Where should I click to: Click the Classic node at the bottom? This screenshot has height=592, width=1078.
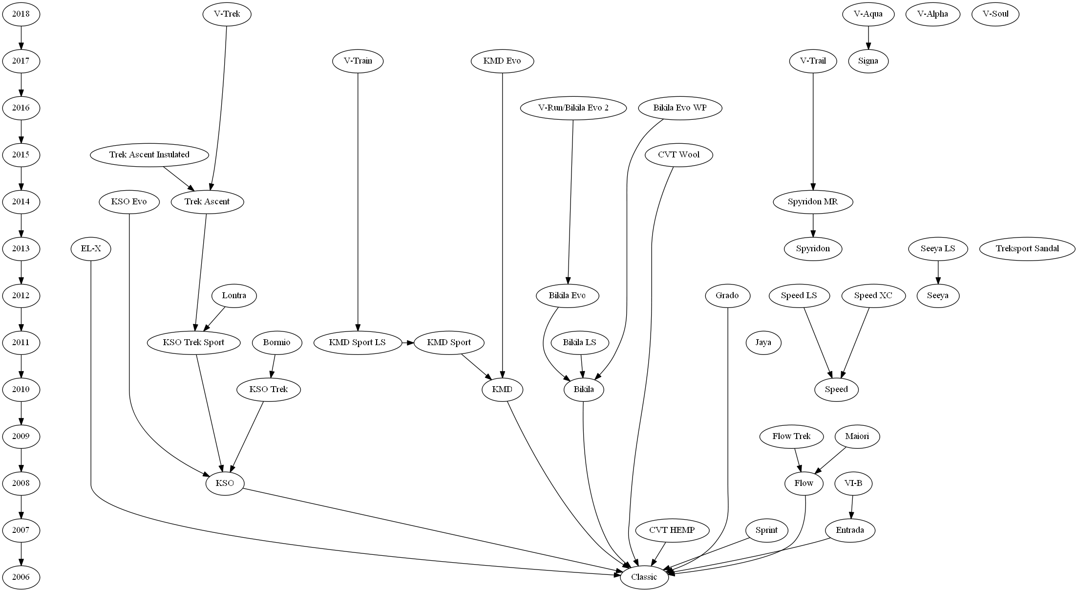644,577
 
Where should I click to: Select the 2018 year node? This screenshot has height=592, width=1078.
21,14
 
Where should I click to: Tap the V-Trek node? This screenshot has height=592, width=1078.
227,14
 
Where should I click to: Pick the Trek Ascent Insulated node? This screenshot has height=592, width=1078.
149,154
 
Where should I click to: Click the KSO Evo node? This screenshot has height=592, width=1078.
129,201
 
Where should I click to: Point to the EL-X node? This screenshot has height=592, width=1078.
91,248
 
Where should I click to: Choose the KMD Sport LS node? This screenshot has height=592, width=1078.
357,342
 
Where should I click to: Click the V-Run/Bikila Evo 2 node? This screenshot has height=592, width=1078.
573,108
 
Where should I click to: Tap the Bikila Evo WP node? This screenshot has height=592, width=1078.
679,108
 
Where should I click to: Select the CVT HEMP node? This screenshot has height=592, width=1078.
672,530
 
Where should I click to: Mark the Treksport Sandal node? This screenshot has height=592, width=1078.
1027,248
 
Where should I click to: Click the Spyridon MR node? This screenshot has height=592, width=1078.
813,201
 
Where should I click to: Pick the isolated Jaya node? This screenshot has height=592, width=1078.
763,342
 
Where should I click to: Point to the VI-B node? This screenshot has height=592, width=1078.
853,483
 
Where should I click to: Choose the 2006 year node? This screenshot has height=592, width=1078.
21,577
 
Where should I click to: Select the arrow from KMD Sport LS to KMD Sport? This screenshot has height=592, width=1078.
407,342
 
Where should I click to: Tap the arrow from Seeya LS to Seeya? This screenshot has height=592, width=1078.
938,272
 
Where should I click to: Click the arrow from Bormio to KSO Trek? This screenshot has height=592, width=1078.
273,366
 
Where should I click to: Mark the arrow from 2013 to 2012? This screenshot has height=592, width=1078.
21,272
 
